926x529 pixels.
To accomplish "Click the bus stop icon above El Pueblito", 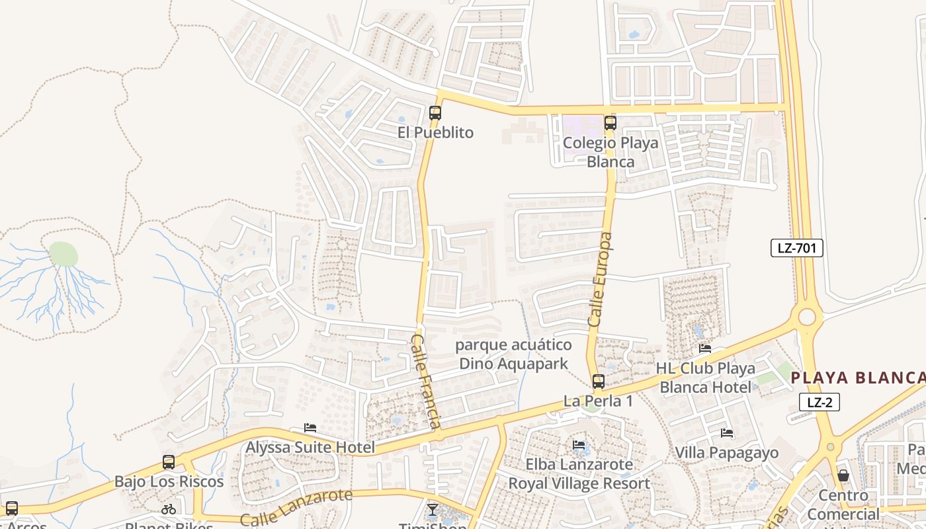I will coord(435,113).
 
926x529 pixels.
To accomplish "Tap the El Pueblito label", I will coord(435,133).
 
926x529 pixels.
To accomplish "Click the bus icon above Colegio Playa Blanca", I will coord(610,123).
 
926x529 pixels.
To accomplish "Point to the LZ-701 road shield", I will coord(796,249).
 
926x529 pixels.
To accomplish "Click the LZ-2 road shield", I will coord(819,402).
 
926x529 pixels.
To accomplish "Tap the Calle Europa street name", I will coord(601,279).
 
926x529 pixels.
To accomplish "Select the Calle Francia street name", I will coord(426,381).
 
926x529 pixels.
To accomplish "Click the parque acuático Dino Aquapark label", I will coord(513,354).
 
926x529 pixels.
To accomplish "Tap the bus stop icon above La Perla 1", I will coord(598,382).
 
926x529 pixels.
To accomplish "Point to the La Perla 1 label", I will coord(598,401).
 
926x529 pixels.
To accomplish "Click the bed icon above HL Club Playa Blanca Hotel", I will coord(705,348).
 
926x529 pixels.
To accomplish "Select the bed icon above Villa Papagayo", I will coord(726,433).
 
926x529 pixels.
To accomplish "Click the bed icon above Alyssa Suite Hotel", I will coord(310,428).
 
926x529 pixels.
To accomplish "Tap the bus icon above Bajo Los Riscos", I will coord(169,462).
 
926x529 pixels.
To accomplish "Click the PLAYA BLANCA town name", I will coord(858,378).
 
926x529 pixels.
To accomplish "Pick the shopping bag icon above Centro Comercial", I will coord(843,475).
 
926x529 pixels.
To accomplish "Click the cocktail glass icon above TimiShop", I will coord(432,509).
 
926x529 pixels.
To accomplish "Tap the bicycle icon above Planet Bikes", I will coord(169,509).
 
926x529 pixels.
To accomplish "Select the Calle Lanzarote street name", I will coord(296,507).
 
